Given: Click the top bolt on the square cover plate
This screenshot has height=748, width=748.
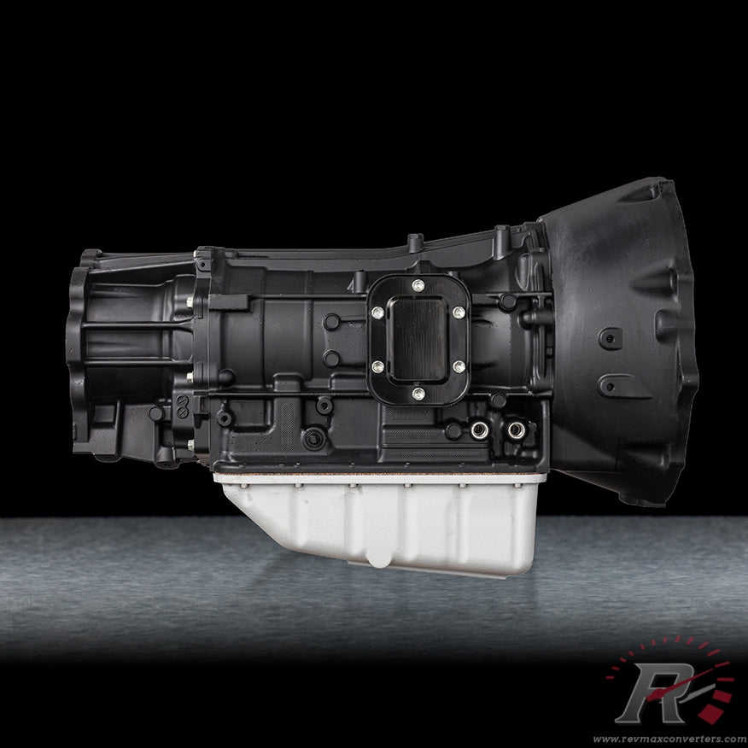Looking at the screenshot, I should pos(417,286).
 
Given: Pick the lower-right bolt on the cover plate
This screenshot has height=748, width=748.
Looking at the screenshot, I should pos(459,366).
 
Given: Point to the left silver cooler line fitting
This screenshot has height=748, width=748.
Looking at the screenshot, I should pos(480,430).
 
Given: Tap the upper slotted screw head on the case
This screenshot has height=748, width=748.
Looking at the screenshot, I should pos(331,322).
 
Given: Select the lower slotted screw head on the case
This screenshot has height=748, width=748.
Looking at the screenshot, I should pos(331,359).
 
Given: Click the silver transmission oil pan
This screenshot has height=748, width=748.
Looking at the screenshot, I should pos(384,521).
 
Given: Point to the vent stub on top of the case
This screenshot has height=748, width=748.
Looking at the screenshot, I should pos(413,242).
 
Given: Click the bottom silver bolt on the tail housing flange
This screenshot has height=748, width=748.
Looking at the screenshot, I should pos(190,443).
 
